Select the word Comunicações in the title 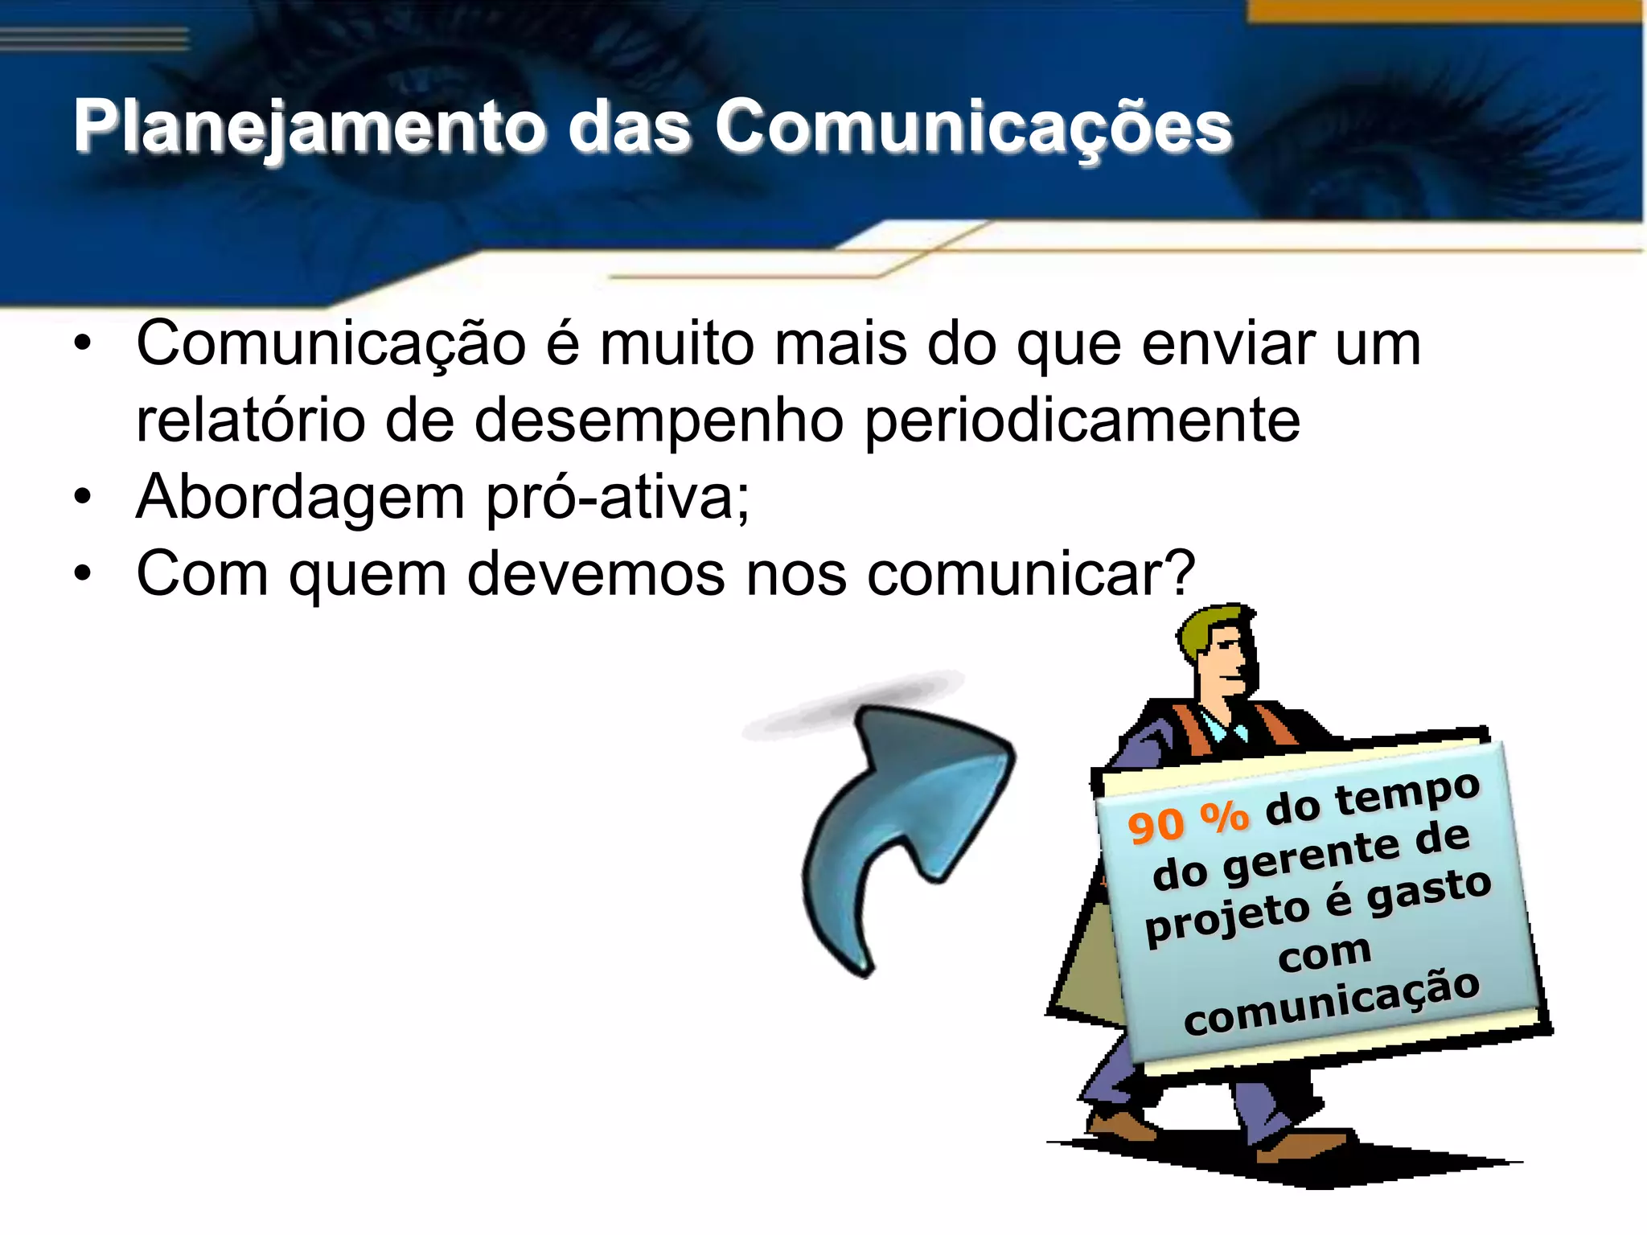pos(973,126)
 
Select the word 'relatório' pos(250,421)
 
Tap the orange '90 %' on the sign pos(1188,822)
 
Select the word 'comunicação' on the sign pos(1332,1002)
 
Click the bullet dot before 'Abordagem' pos(83,498)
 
